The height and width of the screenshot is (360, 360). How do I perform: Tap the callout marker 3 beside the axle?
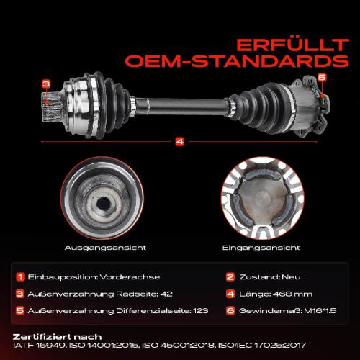[x=46, y=84]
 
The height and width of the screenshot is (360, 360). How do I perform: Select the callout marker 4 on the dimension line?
[x=179, y=140]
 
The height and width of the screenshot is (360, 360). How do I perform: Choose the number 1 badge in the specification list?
[x=21, y=277]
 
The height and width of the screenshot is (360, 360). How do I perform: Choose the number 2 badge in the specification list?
[x=230, y=277]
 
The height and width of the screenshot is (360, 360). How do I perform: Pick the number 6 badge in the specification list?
[x=230, y=310]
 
